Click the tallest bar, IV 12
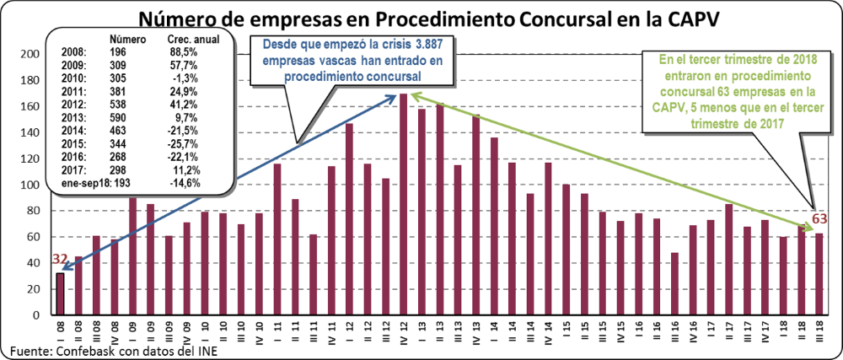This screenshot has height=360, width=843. (x=404, y=202)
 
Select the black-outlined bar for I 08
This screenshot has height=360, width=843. (x=60, y=292)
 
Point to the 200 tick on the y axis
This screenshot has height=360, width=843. (x=31, y=54)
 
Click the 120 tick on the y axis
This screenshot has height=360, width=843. (x=31, y=159)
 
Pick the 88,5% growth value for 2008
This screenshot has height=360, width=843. (x=184, y=52)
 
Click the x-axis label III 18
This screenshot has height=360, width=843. (x=818, y=330)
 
